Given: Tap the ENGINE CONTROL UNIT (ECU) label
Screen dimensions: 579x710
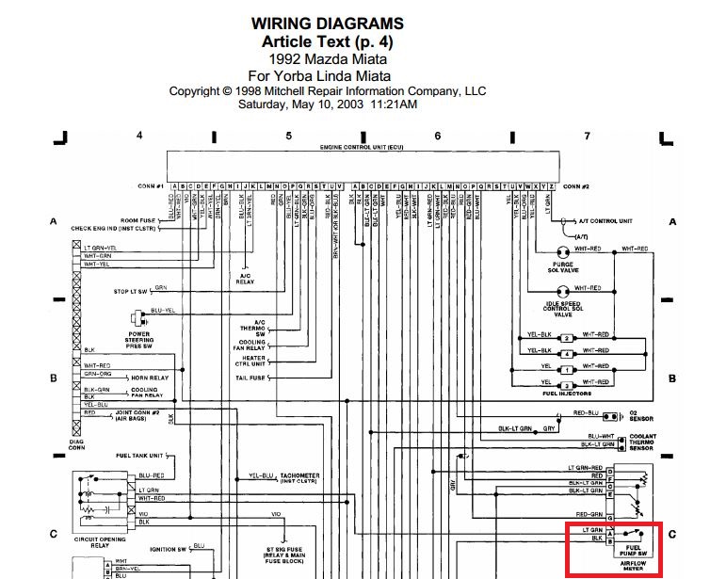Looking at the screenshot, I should pyautogui.click(x=362, y=149).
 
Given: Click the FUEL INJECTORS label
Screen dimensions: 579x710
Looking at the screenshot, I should pyautogui.click(x=567, y=394).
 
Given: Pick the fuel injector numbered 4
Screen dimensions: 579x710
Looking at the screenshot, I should pyautogui.click(x=567, y=353).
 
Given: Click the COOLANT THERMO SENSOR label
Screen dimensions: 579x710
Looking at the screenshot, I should pyautogui.click(x=643, y=442).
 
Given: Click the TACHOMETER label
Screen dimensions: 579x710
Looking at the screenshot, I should pyautogui.click(x=300, y=475).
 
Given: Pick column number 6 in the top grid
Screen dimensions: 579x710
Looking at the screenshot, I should pyautogui.click(x=438, y=136).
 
